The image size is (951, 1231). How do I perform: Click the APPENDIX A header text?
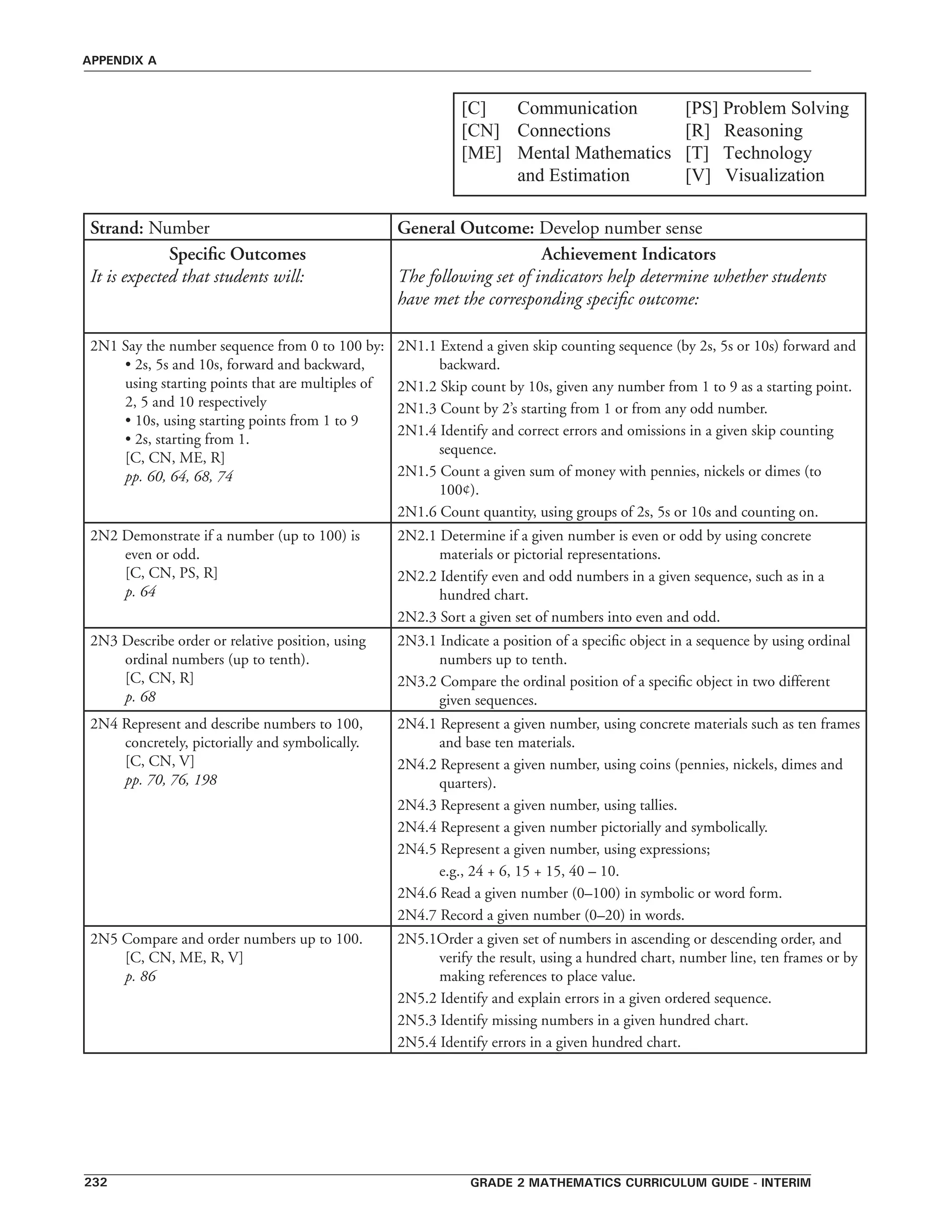[119, 61]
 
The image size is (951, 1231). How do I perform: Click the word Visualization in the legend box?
[774, 175]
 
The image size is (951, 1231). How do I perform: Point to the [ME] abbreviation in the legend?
[481, 153]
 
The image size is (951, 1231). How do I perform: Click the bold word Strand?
[117, 228]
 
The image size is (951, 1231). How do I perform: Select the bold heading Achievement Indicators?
[628, 254]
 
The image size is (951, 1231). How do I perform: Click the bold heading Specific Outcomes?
[237, 254]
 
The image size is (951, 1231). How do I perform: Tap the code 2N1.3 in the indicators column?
[417, 409]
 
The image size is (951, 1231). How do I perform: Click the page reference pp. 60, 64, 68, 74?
[179, 477]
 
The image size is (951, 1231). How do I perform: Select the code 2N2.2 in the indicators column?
[417, 576]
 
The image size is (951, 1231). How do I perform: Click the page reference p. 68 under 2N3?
[140, 697]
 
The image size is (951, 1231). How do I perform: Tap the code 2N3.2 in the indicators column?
[417, 682]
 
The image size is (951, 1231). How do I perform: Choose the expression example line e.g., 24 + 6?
[529, 871]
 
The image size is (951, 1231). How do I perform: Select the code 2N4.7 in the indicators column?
[417, 916]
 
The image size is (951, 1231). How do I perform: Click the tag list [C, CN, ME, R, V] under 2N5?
[184, 958]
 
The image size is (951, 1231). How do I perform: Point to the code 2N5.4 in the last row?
[417, 1043]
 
